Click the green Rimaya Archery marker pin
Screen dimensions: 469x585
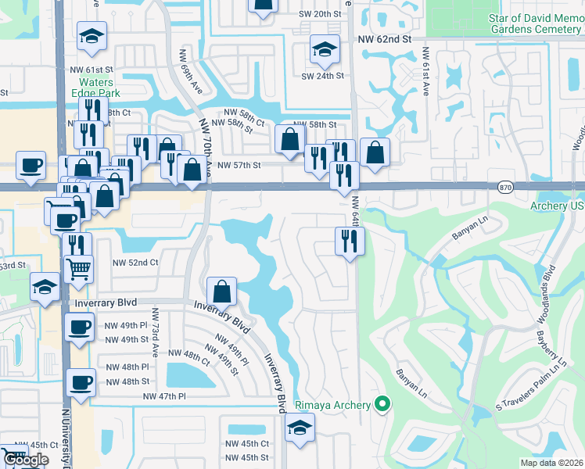click(382, 404)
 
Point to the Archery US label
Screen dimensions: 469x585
click(557, 206)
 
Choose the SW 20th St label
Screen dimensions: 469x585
click(321, 14)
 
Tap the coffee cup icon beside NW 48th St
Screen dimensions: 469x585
click(81, 383)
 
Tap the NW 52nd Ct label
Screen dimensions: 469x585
click(136, 263)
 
